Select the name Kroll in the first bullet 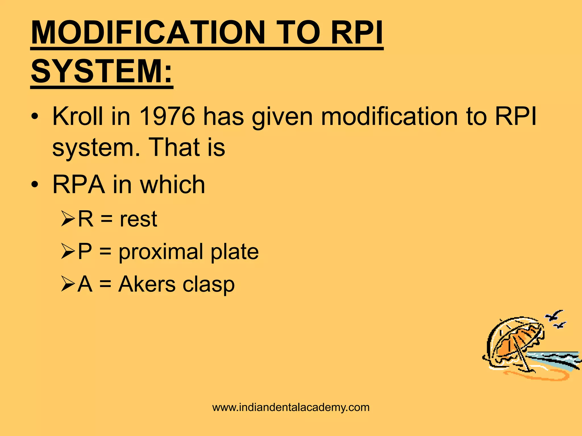point(78,116)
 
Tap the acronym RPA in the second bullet point(79,185)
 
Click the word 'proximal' point(161,252)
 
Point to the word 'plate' point(235,251)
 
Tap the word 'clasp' point(209,284)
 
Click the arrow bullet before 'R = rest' point(68,220)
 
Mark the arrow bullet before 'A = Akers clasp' point(68,285)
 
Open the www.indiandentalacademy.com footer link point(291,407)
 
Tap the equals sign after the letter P point(105,252)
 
